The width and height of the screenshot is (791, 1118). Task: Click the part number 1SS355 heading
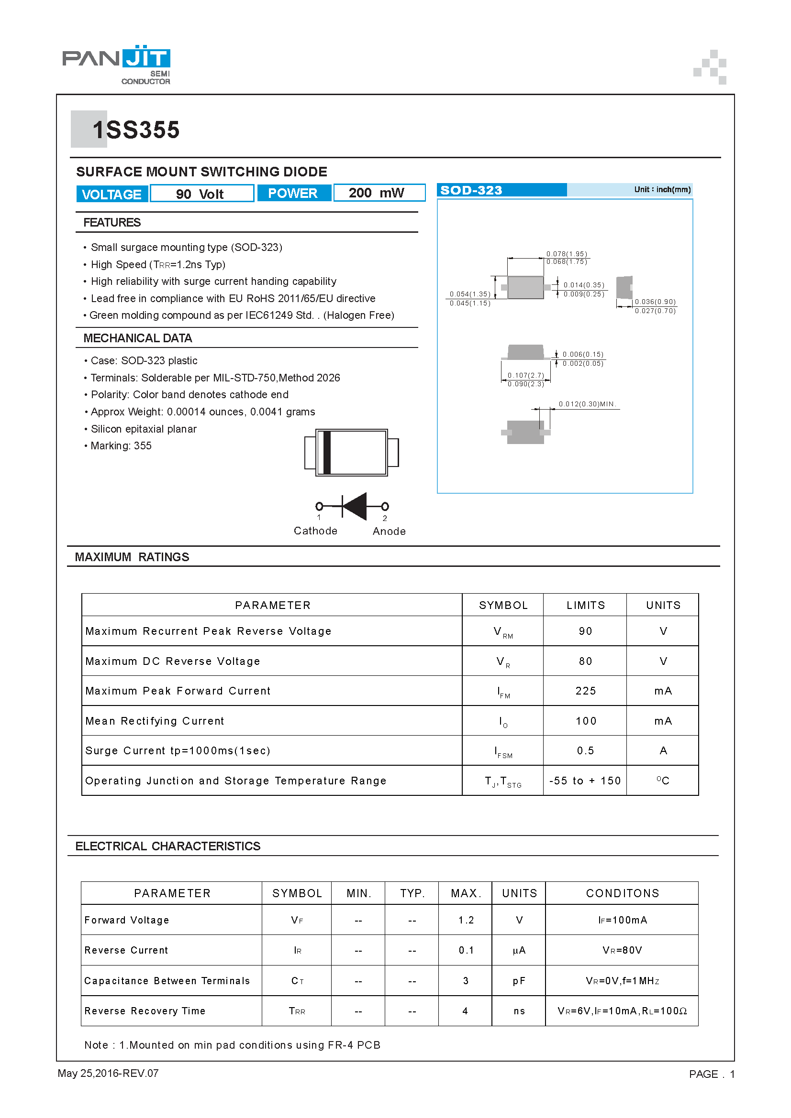[x=136, y=130]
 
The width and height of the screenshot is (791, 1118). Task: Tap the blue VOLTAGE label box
[x=111, y=194]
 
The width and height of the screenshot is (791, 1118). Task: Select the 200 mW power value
[x=376, y=193]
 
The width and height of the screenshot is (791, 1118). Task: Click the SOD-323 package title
[x=471, y=190]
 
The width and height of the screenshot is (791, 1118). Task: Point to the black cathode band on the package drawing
[x=327, y=452]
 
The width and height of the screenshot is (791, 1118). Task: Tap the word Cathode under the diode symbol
[x=315, y=531]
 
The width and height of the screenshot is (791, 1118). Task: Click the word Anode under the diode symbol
[x=389, y=531]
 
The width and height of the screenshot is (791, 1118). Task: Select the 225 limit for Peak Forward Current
[x=585, y=691]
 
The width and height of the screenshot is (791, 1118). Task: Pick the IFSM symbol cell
[x=503, y=751]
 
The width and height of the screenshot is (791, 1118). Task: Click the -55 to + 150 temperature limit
[x=585, y=781]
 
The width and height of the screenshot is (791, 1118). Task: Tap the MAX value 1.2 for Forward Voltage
[x=466, y=920]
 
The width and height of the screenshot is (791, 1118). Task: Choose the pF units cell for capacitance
[x=519, y=981]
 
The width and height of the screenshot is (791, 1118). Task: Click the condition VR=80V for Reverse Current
[x=622, y=950]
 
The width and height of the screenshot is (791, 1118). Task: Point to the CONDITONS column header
[x=622, y=893]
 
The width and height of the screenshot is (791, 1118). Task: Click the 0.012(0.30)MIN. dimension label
[x=587, y=404]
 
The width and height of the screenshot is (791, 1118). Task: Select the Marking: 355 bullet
[x=121, y=445]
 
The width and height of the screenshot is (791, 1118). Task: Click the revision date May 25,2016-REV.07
[x=108, y=1073]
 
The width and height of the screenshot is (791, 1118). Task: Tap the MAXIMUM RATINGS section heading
[x=132, y=557]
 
